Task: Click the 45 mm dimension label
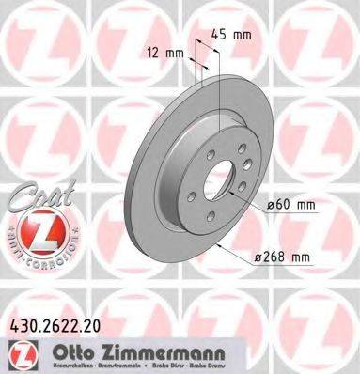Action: [233, 36]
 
